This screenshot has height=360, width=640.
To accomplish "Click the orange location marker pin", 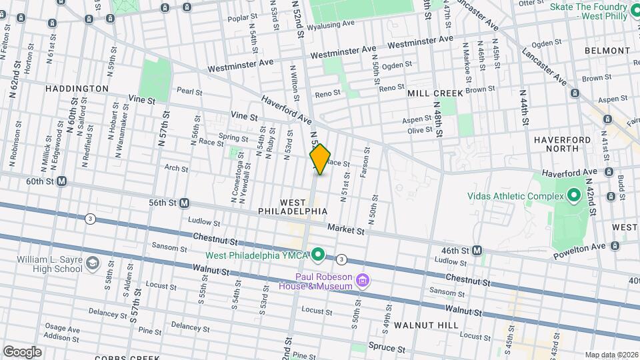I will pos(320,159).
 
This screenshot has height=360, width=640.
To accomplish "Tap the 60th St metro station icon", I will pos(62,181).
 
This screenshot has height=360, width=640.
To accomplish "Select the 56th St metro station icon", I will pos(184,203).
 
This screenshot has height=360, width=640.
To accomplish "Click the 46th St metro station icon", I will pos(477,250).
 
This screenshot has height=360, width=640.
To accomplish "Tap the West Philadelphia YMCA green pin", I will pos(319,253).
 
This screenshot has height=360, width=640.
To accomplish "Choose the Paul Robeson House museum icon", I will pos(363,279).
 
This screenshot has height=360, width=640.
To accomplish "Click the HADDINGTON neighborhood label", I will pos(77,89).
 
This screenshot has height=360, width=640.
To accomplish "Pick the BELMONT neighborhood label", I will pos(603,51).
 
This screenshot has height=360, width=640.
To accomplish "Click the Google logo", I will pos(22,351).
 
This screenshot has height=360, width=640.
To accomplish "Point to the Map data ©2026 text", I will pos(611,355).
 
